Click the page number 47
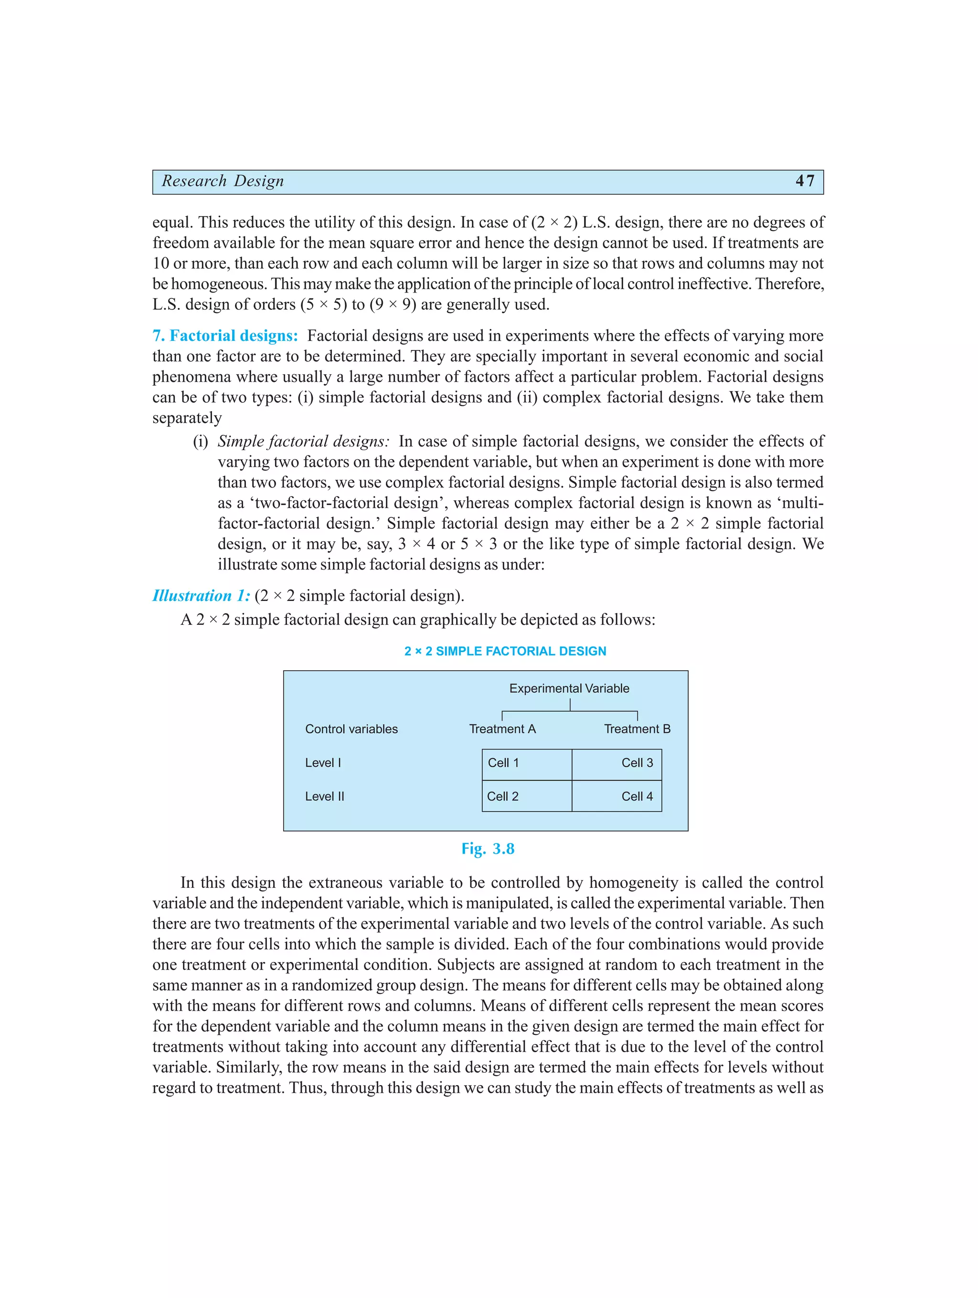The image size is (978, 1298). [x=804, y=181]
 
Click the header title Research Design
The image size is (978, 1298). [x=223, y=181]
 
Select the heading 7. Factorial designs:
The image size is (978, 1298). [x=225, y=336]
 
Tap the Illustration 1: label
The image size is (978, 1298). [x=201, y=596]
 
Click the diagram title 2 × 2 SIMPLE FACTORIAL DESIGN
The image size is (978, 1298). [x=505, y=651]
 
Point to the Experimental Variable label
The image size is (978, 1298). [x=569, y=688]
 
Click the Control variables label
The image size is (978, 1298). [x=351, y=729]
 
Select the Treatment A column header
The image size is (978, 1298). [x=502, y=729]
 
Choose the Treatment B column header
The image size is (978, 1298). [x=637, y=729]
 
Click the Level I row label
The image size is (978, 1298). [x=323, y=763]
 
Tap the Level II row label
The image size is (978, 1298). [x=325, y=796]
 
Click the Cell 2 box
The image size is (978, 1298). [x=527, y=796]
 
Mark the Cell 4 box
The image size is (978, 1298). [x=617, y=796]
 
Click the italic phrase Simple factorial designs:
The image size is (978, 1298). [x=303, y=441]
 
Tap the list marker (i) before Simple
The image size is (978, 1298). [x=200, y=441]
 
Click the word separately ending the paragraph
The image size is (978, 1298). [x=187, y=418]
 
